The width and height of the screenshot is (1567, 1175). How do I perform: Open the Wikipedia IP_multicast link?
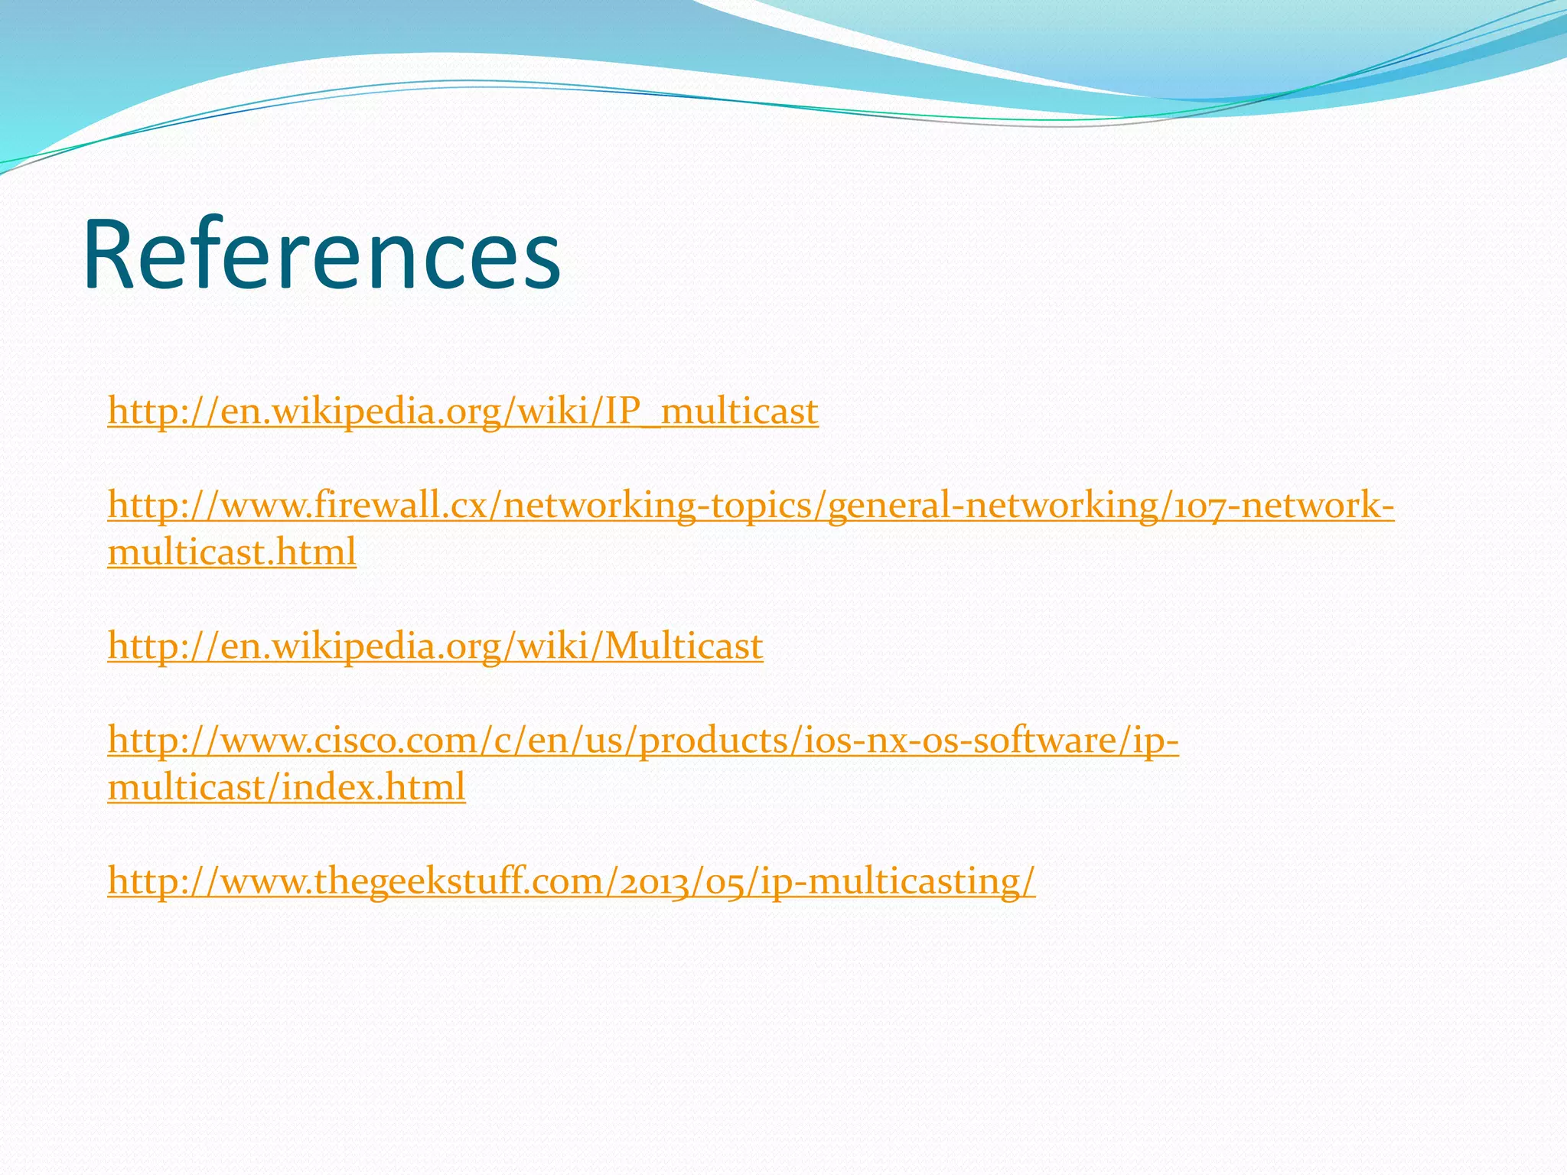[x=463, y=411]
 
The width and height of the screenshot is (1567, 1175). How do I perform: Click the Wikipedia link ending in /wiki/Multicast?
[x=435, y=646]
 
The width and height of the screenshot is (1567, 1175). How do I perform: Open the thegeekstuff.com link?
[x=571, y=880]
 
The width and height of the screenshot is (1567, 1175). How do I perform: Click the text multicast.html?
[x=232, y=552]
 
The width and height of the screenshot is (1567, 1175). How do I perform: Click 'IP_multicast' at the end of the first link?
[x=712, y=411]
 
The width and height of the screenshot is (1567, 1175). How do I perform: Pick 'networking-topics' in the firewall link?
[x=660, y=506]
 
